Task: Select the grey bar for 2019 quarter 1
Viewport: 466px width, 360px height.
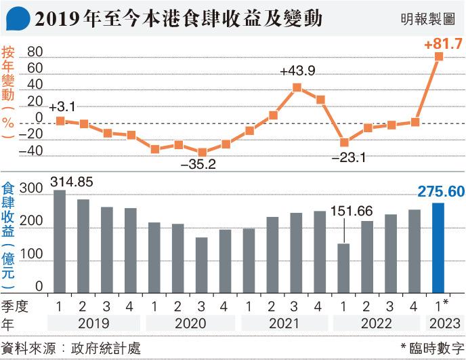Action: click(x=60, y=241)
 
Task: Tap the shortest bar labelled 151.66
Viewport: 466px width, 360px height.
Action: click(x=343, y=268)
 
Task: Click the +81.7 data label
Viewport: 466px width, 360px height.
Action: click(x=443, y=44)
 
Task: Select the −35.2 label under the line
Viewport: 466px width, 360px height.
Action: click(x=198, y=164)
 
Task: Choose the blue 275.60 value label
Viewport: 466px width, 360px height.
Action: click(x=440, y=192)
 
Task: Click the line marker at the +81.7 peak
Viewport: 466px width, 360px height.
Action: click(x=439, y=57)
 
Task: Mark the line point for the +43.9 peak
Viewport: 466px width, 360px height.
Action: click(x=297, y=87)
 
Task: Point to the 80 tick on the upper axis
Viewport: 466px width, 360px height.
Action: click(x=35, y=52)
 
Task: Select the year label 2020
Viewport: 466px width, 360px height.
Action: click(x=190, y=324)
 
